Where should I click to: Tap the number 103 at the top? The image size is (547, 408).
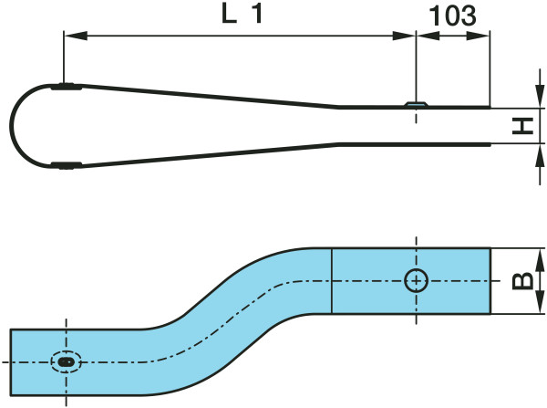coord(452,16)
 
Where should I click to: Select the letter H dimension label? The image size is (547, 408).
coord(522,125)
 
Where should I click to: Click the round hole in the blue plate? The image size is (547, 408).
coord(416,281)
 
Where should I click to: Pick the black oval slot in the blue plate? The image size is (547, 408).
coord(66,362)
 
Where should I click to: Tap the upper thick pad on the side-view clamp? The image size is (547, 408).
coord(66,89)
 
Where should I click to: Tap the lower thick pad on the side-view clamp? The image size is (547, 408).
coord(66,165)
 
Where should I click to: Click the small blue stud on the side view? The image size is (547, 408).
coord(415,105)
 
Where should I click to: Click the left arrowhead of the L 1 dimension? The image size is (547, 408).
coord(70,37)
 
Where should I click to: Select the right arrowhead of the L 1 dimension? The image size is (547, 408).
coord(408,37)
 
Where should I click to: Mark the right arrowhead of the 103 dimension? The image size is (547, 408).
coord(483,37)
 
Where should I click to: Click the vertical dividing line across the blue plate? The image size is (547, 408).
coord(331,281)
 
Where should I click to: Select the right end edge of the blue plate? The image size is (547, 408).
coord(490,281)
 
